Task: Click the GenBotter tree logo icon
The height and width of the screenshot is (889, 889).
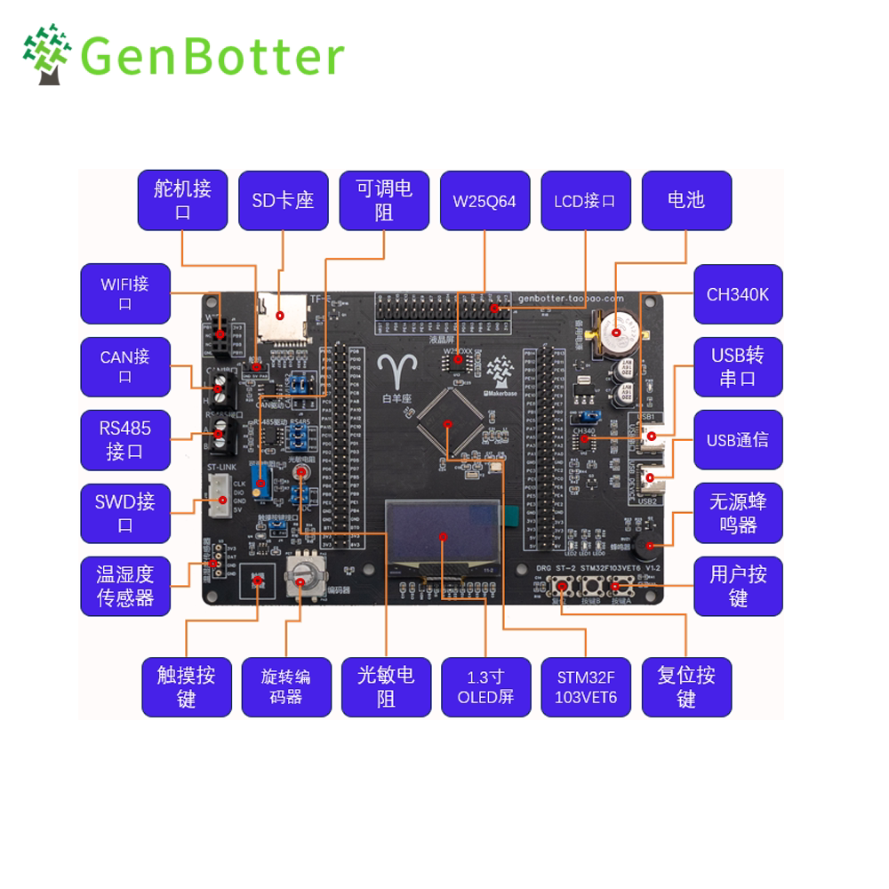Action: click(47, 55)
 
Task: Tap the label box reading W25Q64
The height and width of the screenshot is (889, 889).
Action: click(485, 201)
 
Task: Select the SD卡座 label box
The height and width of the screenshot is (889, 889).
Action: click(283, 201)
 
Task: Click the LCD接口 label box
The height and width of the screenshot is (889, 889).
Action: click(585, 201)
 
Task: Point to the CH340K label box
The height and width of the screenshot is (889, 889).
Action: click(738, 294)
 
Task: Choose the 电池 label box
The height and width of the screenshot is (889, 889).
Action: click(686, 201)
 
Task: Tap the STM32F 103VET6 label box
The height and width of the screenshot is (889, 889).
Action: click(585, 686)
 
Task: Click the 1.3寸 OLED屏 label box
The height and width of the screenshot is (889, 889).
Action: click(485, 686)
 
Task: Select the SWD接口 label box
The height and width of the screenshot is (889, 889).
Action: click(125, 513)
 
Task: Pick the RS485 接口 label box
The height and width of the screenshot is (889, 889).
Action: click(125, 440)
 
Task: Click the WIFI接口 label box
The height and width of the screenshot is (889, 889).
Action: click(125, 294)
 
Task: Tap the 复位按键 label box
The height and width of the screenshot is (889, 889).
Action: click(686, 686)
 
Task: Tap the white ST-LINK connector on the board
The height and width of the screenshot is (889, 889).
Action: click(220, 493)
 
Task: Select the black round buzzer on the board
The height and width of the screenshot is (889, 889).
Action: click(650, 544)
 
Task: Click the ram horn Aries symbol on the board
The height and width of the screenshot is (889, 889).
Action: click(392, 372)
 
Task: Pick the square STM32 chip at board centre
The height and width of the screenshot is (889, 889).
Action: click(450, 422)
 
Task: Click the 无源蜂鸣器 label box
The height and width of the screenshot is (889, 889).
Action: click(738, 513)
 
